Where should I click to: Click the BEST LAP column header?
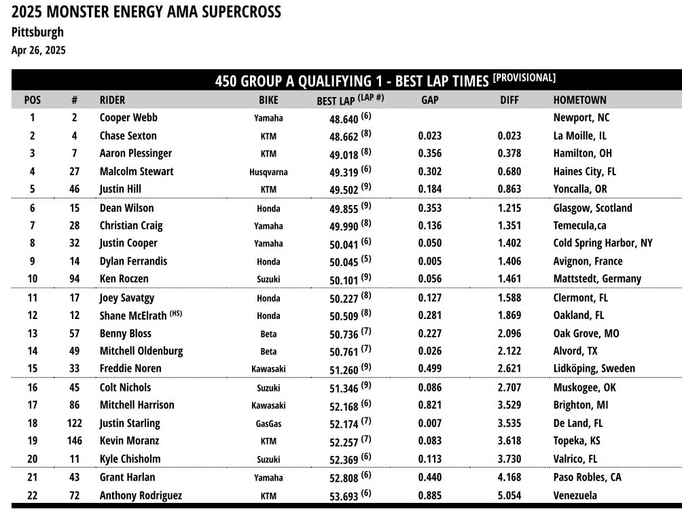(336, 100)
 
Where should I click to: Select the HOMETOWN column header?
(579, 100)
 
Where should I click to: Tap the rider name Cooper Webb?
(128, 117)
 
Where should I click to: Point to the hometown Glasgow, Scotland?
(592, 208)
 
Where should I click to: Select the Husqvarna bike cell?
(268, 172)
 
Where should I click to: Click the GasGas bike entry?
(268, 424)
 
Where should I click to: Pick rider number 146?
(74, 441)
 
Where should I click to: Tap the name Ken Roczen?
(124, 279)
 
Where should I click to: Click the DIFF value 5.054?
(509, 495)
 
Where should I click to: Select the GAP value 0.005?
(429, 261)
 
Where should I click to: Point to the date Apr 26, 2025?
(39, 50)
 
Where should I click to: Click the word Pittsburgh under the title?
(38, 32)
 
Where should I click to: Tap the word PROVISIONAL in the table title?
(524, 77)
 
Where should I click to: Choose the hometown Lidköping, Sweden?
(594, 369)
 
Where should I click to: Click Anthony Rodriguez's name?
(141, 495)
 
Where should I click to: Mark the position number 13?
(33, 333)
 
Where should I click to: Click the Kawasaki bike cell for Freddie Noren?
(268, 369)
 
